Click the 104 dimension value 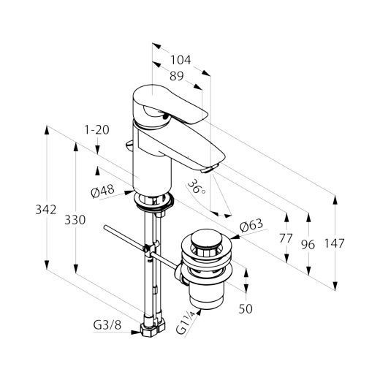(180, 60)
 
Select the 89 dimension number (177, 76)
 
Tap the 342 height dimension (46, 210)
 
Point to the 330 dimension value (75, 220)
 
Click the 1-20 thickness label (96, 130)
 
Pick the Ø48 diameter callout (102, 191)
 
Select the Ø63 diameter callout (251, 225)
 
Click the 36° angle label (197, 186)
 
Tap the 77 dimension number (286, 238)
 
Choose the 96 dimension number (308, 245)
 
